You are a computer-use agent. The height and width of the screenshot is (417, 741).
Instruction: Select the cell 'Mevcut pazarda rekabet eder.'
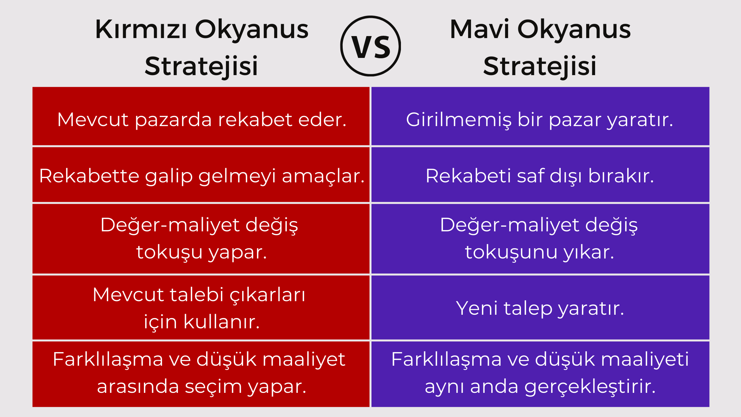(x=201, y=116)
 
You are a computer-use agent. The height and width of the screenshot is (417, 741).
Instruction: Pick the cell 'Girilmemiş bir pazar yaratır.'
(x=540, y=116)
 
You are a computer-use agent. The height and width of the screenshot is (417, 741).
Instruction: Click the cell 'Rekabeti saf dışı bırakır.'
(x=540, y=175)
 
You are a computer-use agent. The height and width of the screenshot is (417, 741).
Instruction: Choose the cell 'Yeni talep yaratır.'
(x=540, y=307)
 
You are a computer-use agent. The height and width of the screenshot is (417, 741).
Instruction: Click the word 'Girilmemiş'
(x=458, y=120)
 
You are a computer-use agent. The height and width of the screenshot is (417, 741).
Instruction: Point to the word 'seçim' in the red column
(x=213, y=387)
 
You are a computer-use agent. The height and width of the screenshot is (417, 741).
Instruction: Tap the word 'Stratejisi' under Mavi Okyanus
(x=540, y=66)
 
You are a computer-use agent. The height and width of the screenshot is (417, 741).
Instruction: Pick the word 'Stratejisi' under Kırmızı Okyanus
(x=201, y=66)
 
